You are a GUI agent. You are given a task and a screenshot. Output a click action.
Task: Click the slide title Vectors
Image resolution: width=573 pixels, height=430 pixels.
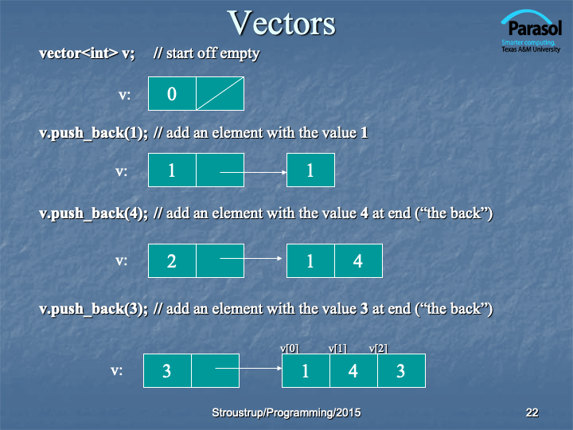point(281,23)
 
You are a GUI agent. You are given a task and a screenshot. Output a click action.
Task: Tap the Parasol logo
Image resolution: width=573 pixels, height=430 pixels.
point(531,31)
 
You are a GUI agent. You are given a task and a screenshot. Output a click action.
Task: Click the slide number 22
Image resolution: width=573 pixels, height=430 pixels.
point(532,412)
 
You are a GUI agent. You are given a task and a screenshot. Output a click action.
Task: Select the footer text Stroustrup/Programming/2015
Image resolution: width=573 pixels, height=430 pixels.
point(286,412)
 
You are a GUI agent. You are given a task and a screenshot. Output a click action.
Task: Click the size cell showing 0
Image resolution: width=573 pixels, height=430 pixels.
point(172,94)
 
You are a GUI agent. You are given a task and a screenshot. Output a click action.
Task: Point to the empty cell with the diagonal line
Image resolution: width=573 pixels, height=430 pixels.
point(220,94)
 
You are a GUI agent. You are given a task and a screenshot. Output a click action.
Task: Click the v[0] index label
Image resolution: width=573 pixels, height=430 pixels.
point(290,349)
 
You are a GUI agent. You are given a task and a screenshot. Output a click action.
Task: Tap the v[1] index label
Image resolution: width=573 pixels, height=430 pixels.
point(337,349)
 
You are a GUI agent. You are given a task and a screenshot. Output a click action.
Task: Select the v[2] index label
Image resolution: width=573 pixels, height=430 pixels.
point(378,349)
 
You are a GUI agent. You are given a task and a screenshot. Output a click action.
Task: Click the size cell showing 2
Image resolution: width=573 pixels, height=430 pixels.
point(172,260)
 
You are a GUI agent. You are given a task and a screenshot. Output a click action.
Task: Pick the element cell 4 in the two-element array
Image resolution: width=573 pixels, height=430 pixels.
point(358,260)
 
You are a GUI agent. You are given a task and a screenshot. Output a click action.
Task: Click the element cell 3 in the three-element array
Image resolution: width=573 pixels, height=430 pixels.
point(401,370)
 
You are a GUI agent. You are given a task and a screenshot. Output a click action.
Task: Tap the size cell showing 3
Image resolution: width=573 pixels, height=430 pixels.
point(167,370)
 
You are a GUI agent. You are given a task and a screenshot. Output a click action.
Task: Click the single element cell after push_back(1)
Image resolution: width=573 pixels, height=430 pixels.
point(310,170)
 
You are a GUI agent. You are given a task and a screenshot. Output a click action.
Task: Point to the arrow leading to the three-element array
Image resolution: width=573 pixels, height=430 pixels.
point(248,368)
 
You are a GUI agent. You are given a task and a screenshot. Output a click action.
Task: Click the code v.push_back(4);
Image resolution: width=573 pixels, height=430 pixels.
point(94,213)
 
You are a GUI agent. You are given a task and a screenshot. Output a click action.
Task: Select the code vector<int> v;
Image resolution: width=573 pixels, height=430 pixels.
point(87,53)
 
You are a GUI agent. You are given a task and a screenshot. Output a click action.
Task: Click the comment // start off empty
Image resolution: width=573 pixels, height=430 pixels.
point(206,53)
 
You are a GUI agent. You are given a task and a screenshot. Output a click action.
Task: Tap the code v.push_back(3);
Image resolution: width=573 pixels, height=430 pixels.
point(94,309)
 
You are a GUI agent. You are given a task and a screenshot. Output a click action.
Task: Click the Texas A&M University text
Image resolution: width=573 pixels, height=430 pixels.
point(531,49)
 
